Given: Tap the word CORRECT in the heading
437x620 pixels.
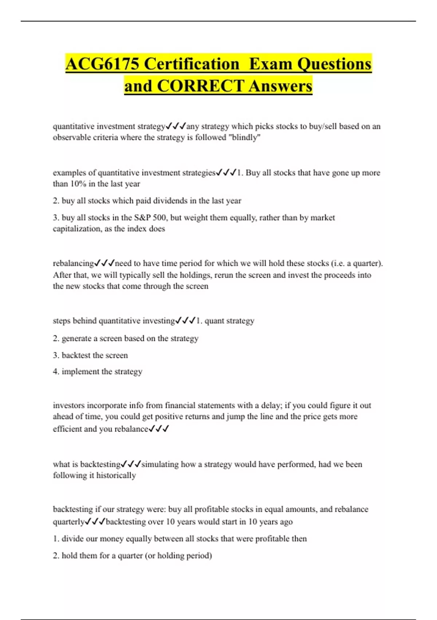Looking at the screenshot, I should (x=200, y=86).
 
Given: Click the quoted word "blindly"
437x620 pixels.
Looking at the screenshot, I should (x=244, y=137).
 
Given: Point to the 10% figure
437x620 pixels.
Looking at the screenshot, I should (x=78, y=184).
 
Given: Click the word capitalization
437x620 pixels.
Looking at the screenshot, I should (x=77, y=229).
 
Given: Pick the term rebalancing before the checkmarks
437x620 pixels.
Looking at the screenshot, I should (x=73, y=263).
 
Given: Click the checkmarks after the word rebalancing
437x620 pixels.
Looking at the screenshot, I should (x=105, y=263).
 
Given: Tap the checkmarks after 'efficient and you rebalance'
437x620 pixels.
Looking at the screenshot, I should (x=159, y=429).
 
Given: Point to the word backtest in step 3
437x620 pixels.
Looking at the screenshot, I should (x=76, y=355).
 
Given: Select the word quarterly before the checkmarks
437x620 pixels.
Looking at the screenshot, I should (x=68, y=522).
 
